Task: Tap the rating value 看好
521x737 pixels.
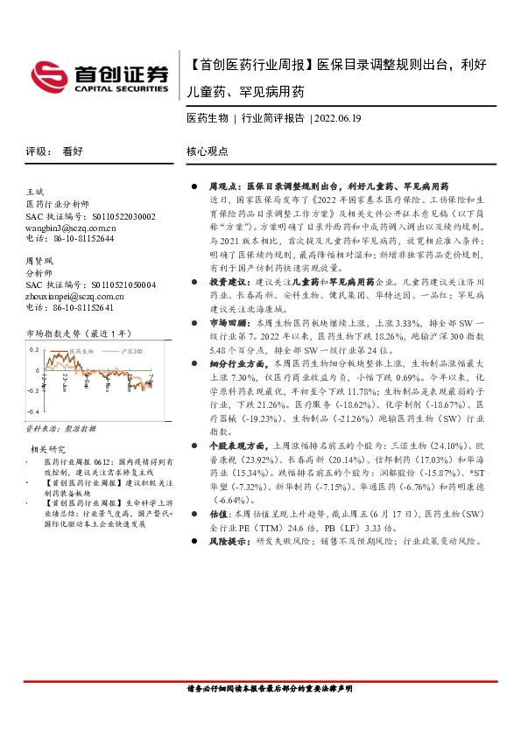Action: pos(72,151)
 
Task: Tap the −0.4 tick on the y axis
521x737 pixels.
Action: pos(33,411)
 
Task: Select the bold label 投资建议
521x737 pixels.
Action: pos(226,284)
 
